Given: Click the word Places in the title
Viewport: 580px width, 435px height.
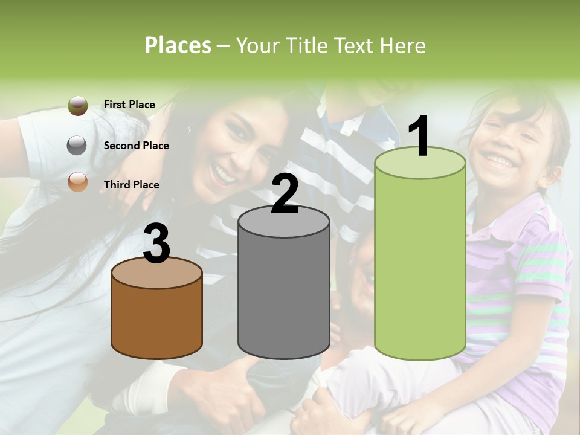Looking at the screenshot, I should point(178,45).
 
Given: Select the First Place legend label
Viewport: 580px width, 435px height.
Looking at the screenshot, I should point(129,105).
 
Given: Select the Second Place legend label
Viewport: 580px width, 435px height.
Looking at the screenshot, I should point(136,145).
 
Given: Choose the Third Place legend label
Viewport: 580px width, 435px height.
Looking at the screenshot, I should point(131,185).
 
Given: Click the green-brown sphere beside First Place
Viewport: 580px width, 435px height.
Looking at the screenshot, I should point(77,106).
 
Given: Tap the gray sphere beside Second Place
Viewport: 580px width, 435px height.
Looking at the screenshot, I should point(77,145).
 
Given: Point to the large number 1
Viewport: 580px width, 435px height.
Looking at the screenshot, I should point(419,137).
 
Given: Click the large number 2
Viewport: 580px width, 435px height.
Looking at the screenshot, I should point(285,193).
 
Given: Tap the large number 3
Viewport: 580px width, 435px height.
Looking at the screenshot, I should point(156,244).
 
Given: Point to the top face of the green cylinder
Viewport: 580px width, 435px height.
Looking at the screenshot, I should point(420,163).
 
